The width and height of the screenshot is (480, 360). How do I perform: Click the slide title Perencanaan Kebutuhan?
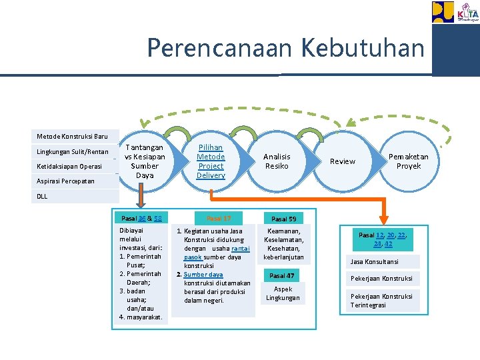tap(285, 48)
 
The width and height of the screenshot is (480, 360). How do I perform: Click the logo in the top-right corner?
tap(455, 12)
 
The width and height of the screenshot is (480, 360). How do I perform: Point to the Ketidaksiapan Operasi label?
tap(69, 166)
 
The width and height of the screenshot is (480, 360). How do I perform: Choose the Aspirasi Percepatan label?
tap(65, 181)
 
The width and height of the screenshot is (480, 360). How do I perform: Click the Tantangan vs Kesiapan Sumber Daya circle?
tap(145, 161)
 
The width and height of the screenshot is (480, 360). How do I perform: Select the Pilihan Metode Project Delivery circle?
tap(211, 161)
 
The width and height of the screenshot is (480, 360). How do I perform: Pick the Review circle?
tap(343, 161)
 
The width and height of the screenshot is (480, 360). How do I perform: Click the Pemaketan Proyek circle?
tap(409, 161)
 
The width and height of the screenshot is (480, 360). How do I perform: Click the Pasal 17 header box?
tap(219, 218)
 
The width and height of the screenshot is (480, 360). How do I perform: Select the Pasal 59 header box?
tap(283, 219)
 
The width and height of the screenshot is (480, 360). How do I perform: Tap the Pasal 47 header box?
tap(281, 275)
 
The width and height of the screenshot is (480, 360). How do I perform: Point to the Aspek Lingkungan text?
tap(283, 293)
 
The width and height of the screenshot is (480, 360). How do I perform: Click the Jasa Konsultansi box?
tap(383, 262)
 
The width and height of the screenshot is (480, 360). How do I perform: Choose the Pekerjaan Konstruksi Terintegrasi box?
tap(383, 301)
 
